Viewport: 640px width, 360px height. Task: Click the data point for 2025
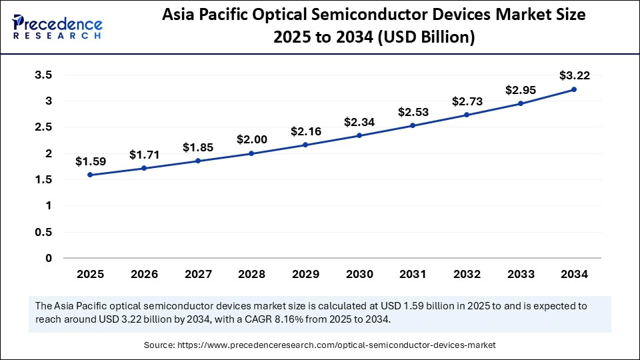(x=89, y=175)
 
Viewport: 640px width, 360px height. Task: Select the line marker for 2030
(x=359, y=135)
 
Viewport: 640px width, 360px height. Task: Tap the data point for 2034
(x=574, y=89)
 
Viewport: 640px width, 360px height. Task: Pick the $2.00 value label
(x=251, y=140)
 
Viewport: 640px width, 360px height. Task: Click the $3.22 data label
(x=574, y=75)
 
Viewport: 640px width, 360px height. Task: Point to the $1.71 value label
(x=143, y=155)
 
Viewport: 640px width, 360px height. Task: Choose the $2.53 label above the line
(x=413, y=112)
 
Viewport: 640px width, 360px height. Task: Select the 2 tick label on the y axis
(x=49, y=153)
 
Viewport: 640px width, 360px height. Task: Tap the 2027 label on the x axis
(x=197, y=274)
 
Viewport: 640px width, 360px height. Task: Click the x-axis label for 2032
(x=467, y=274)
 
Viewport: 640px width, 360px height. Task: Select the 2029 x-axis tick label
(x=305, y=274)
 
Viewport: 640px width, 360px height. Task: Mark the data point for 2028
(x=251, y=153)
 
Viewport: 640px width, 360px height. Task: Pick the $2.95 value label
(x=521, y=89)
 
